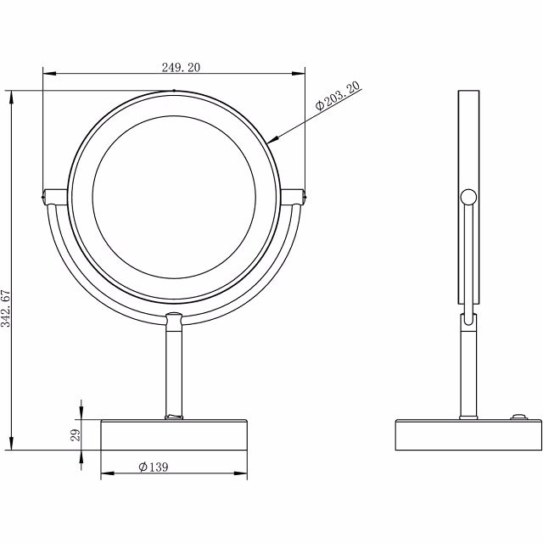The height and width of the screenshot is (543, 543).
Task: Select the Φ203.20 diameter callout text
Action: click(x=338, y=96)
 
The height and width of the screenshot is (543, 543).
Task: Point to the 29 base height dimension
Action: click(x=76, y=435)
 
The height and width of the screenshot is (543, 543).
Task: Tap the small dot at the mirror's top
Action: click(x=173, y=89)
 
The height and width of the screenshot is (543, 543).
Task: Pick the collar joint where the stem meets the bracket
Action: click(x=173, y=322)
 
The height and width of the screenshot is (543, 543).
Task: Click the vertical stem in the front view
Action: click(x=173, y=369)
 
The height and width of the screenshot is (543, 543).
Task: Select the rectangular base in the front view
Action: click(x=173, y=435)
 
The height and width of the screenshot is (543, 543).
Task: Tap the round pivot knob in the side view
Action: click(x=467, y=199)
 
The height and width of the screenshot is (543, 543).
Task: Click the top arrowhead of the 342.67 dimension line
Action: click(x=11, y=94)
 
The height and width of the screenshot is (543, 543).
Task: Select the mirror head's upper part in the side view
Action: click(x=467, y=136)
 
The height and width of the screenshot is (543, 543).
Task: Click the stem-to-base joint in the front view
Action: click(x=173, y=417)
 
